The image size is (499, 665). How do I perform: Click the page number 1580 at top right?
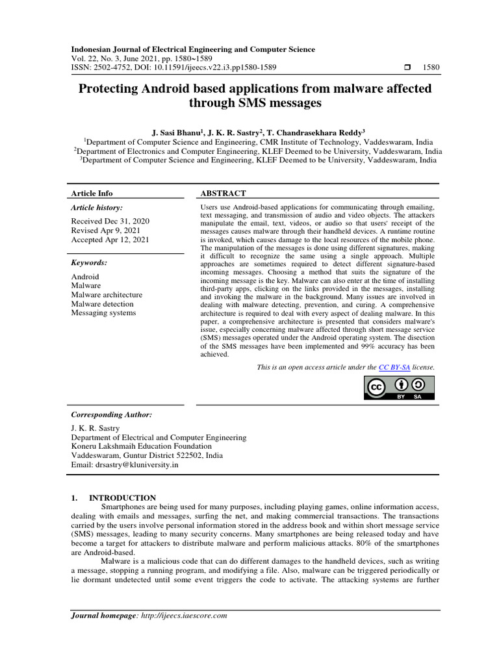click(x=431, y=67)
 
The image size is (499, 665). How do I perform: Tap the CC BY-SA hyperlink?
click(x=395, y=367)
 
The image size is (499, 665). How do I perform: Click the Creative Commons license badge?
click(x=399, y=388)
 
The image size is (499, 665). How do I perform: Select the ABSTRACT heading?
click(x=223, y=193)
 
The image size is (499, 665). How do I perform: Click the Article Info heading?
click(x=92, y=193)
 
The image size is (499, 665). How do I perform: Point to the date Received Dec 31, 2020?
click(x=109, y=221)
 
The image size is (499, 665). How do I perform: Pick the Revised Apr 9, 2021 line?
click(x=105, y=231)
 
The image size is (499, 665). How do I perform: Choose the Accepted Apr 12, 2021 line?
click(x=110, y=240)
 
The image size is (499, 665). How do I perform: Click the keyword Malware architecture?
click(x=107, y=295)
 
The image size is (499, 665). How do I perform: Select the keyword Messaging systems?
click(x=103, y=313)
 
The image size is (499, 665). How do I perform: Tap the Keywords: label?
click(x=89, y=262)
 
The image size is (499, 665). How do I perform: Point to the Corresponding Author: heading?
click(x=111, y=414)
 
